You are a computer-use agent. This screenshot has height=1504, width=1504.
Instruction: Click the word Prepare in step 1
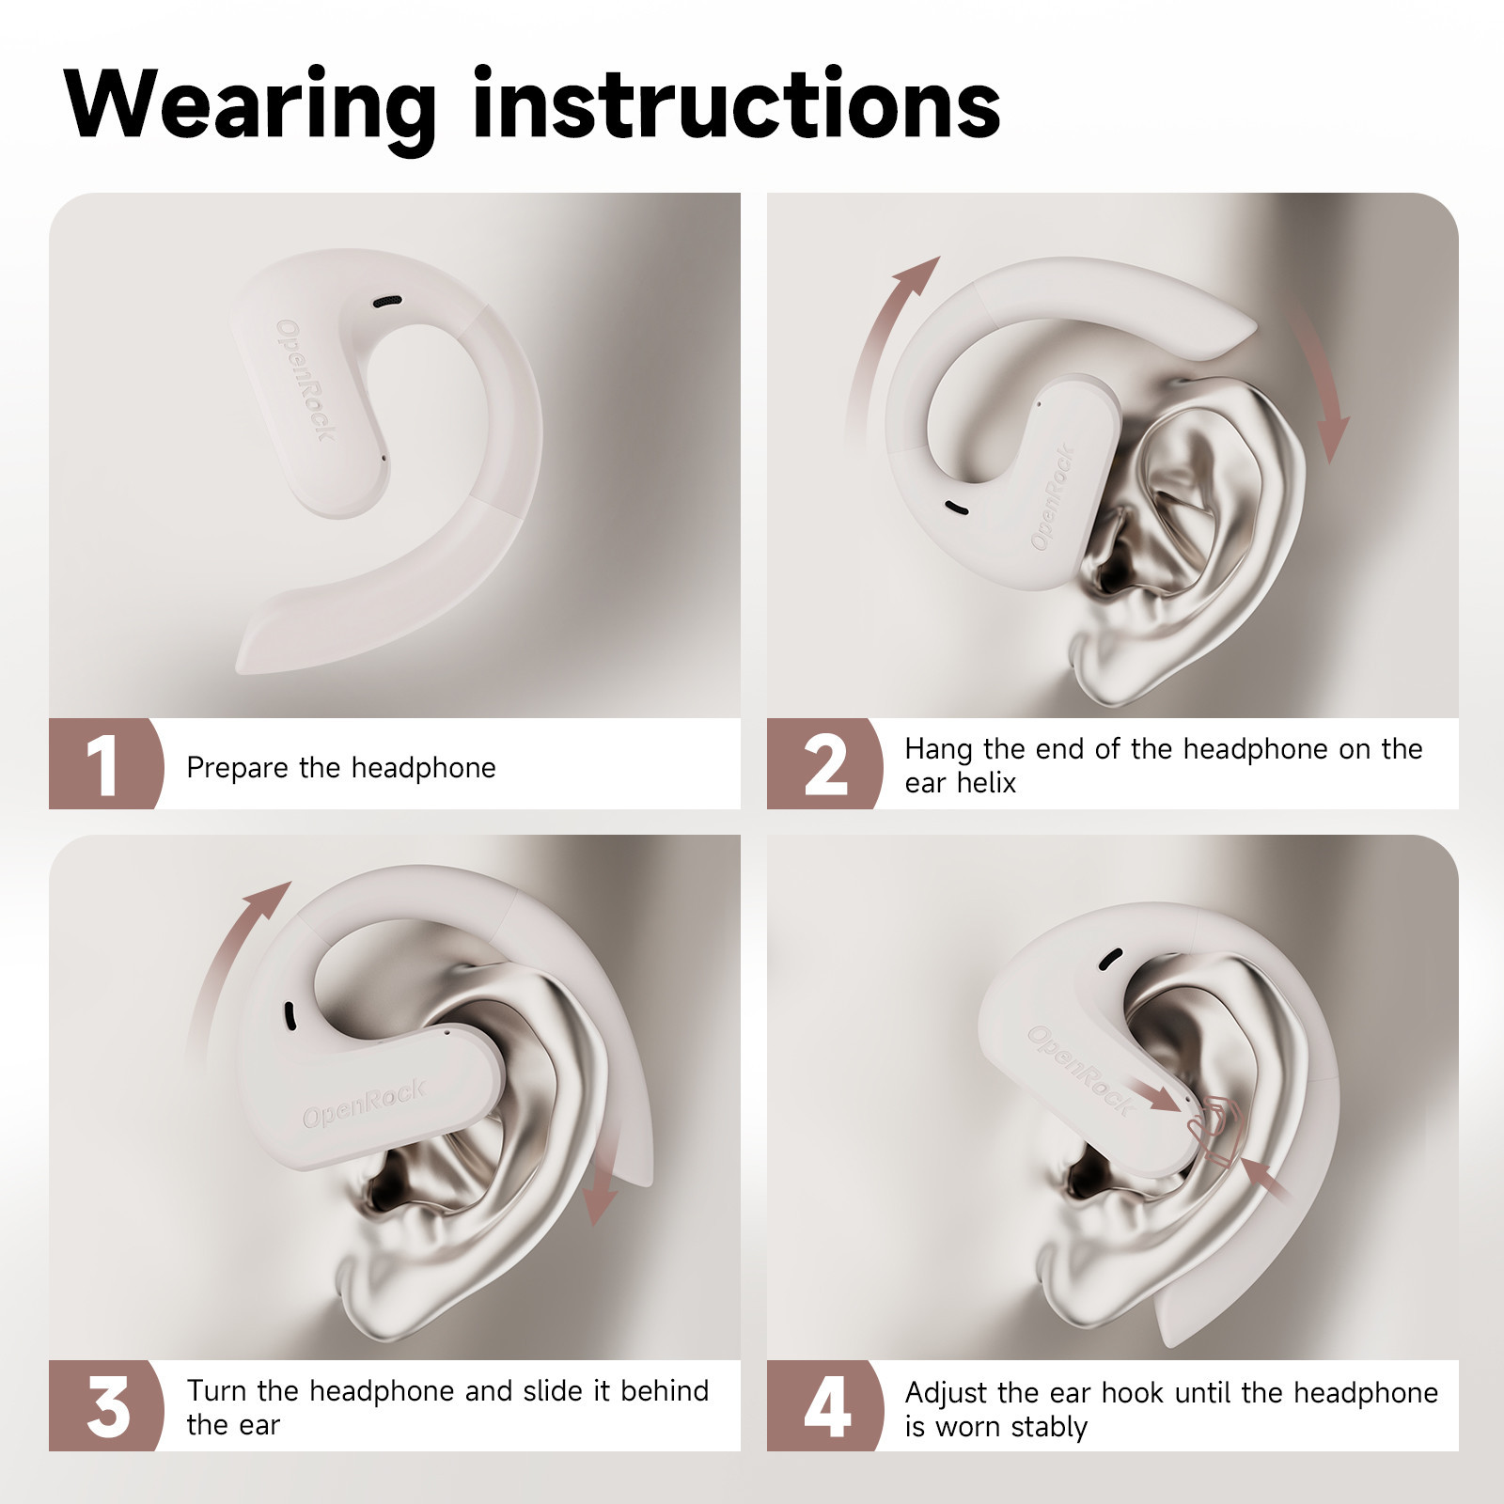tap(238, 768)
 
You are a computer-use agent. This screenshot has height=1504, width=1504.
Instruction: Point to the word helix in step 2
tap(986, 782)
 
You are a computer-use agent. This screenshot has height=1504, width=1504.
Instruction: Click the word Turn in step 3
tap(217, 1390)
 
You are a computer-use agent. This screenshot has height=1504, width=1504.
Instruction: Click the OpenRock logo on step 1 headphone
tap(305, 380)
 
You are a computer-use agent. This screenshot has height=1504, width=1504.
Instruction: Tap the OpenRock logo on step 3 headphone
tap(364, 1104)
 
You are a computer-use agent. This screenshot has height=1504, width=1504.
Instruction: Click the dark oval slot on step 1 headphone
tap(387, 302)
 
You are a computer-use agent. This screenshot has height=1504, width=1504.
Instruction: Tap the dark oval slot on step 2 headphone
tap(956, 509)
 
